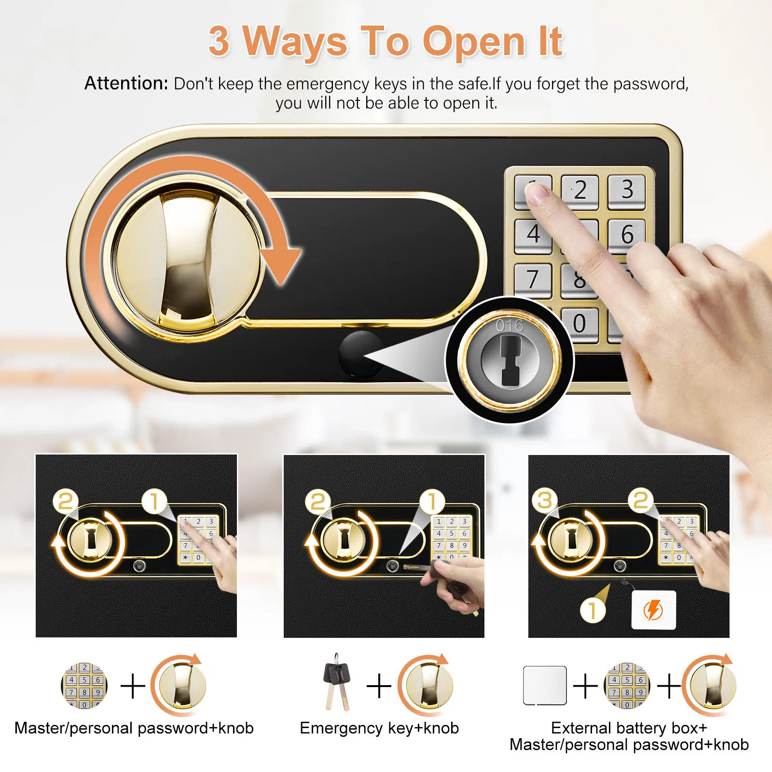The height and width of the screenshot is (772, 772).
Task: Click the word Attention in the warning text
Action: [x=126, y=83]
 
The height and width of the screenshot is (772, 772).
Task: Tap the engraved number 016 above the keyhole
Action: [x=510, y=326]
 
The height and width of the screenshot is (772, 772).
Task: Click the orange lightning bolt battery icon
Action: [x=654, y=610]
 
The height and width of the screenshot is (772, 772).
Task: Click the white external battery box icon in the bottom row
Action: [x=545, y=685]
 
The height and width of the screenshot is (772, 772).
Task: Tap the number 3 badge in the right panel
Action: [x=545, y=500]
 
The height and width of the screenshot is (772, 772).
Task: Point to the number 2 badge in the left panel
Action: [x=66, y=501]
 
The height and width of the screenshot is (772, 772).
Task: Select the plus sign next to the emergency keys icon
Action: [x=379, y=686]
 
